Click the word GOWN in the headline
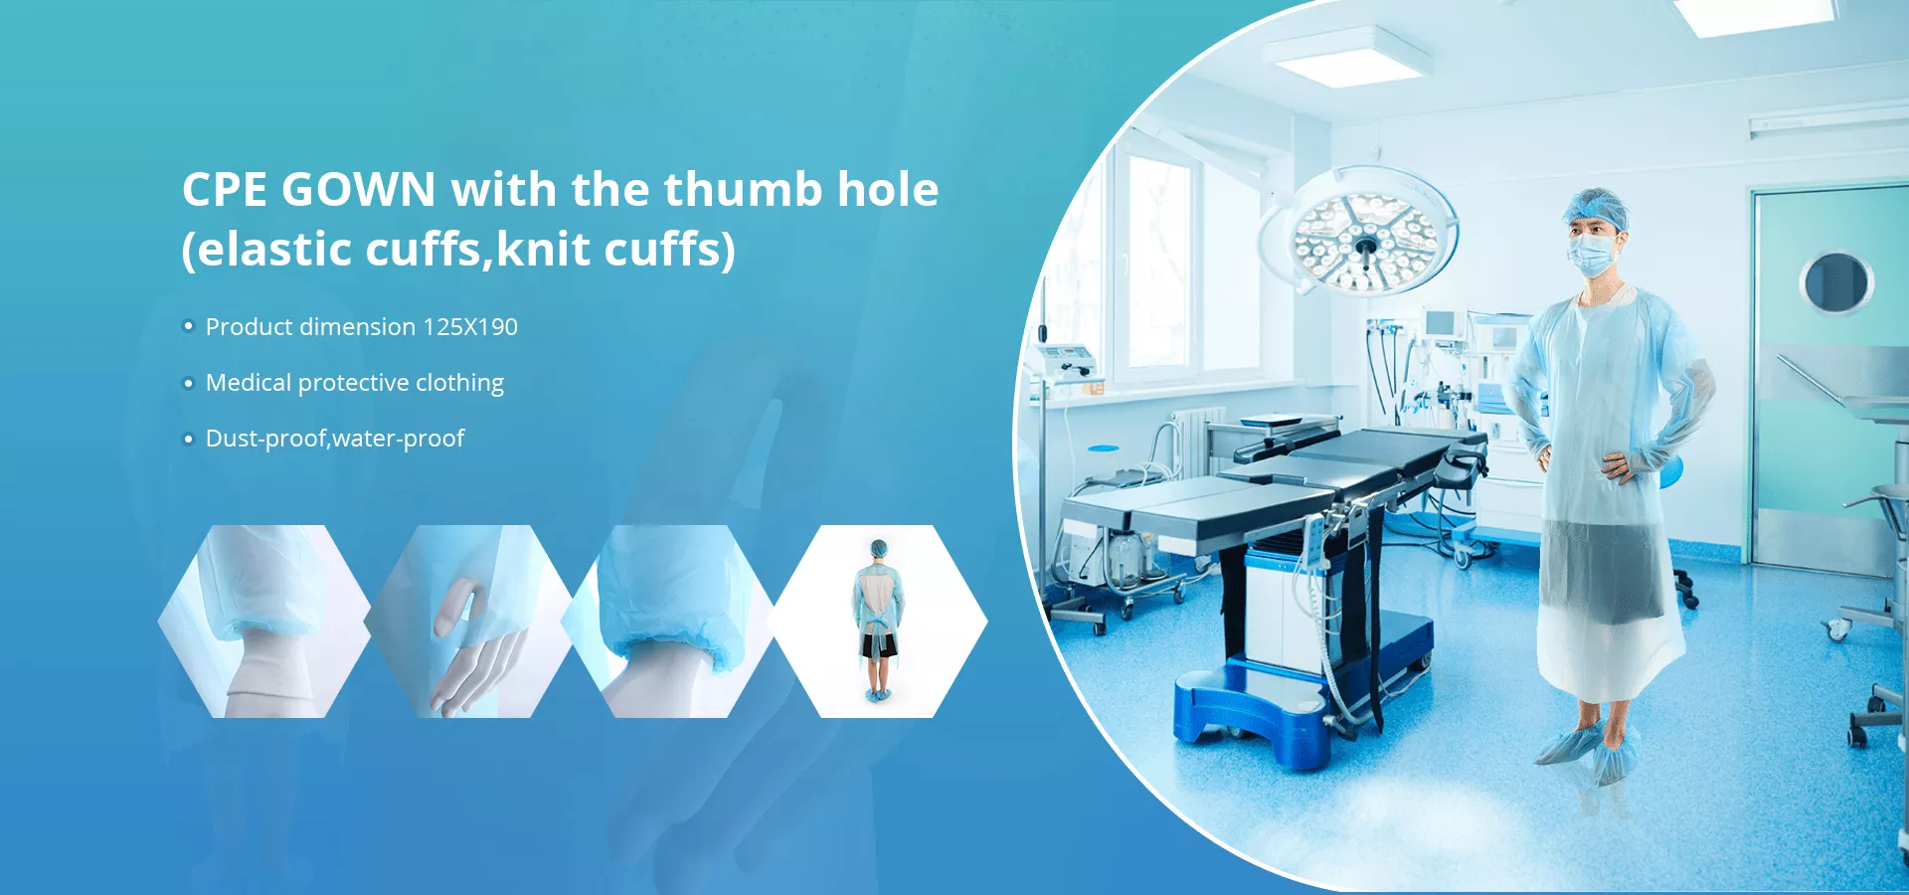pos(359,190)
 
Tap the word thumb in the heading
pos(743,189)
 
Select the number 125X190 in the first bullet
pos(470,327)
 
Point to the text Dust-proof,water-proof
pos(335,439)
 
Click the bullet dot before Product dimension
pos(188,326)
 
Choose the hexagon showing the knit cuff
pos(264,622)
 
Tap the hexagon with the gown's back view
pos(878,622)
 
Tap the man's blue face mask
pos(1592,254)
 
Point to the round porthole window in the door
pos(1836,282)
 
